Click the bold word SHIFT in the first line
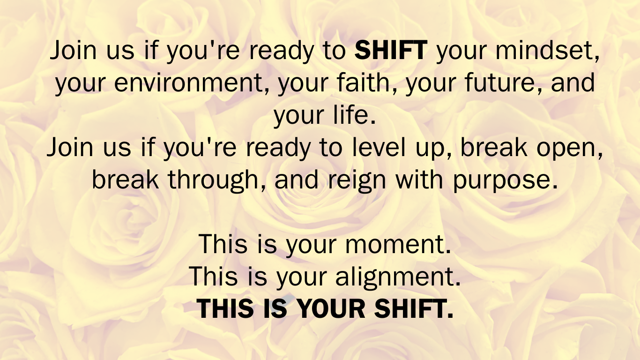391,50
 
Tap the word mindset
547,51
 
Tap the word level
378,147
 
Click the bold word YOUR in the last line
331,308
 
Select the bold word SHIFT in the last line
414,308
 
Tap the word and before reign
297,180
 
